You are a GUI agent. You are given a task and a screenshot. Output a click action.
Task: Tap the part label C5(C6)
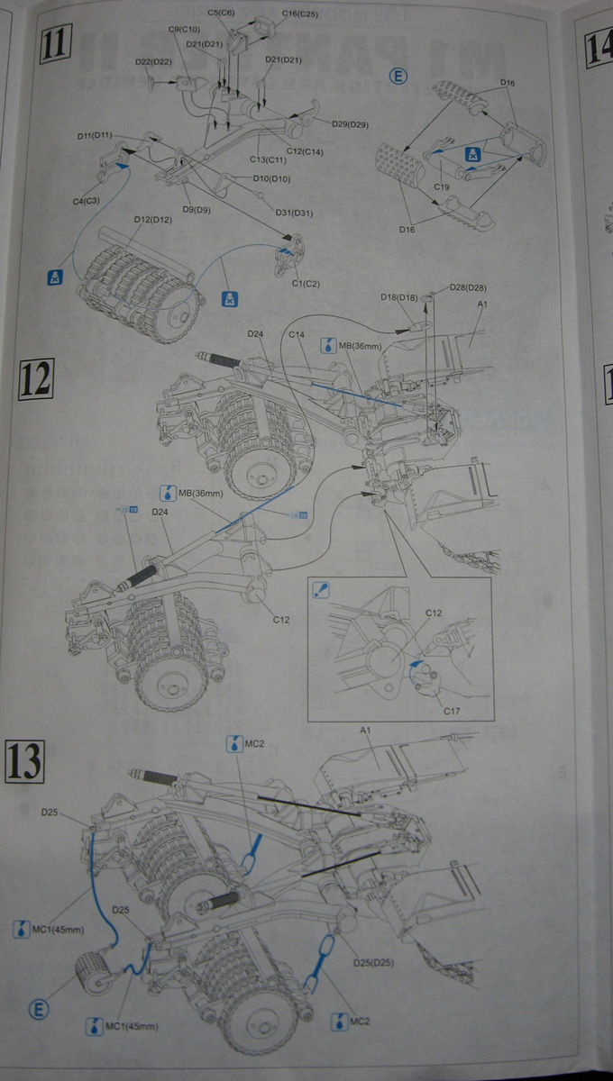[x=220, y=13]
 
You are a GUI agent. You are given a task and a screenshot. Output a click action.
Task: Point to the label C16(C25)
[x=300, y=14]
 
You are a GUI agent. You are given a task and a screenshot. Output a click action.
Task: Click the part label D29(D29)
[x=350, y=123]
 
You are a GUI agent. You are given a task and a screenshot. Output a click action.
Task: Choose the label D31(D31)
[x=294, y=213]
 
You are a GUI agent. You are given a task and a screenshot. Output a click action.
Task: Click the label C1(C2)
[x=307, y=284]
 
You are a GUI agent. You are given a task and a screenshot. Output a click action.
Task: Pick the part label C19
[x=442, y=186]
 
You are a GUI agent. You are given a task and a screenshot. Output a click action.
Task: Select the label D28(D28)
[x=468, y=286]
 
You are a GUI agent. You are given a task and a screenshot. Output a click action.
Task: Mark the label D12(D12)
[x=152, y=219]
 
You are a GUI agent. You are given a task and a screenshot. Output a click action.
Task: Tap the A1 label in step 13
[x=366, y=728]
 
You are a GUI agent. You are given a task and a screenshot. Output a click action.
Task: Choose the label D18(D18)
[x=397, y=296]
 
